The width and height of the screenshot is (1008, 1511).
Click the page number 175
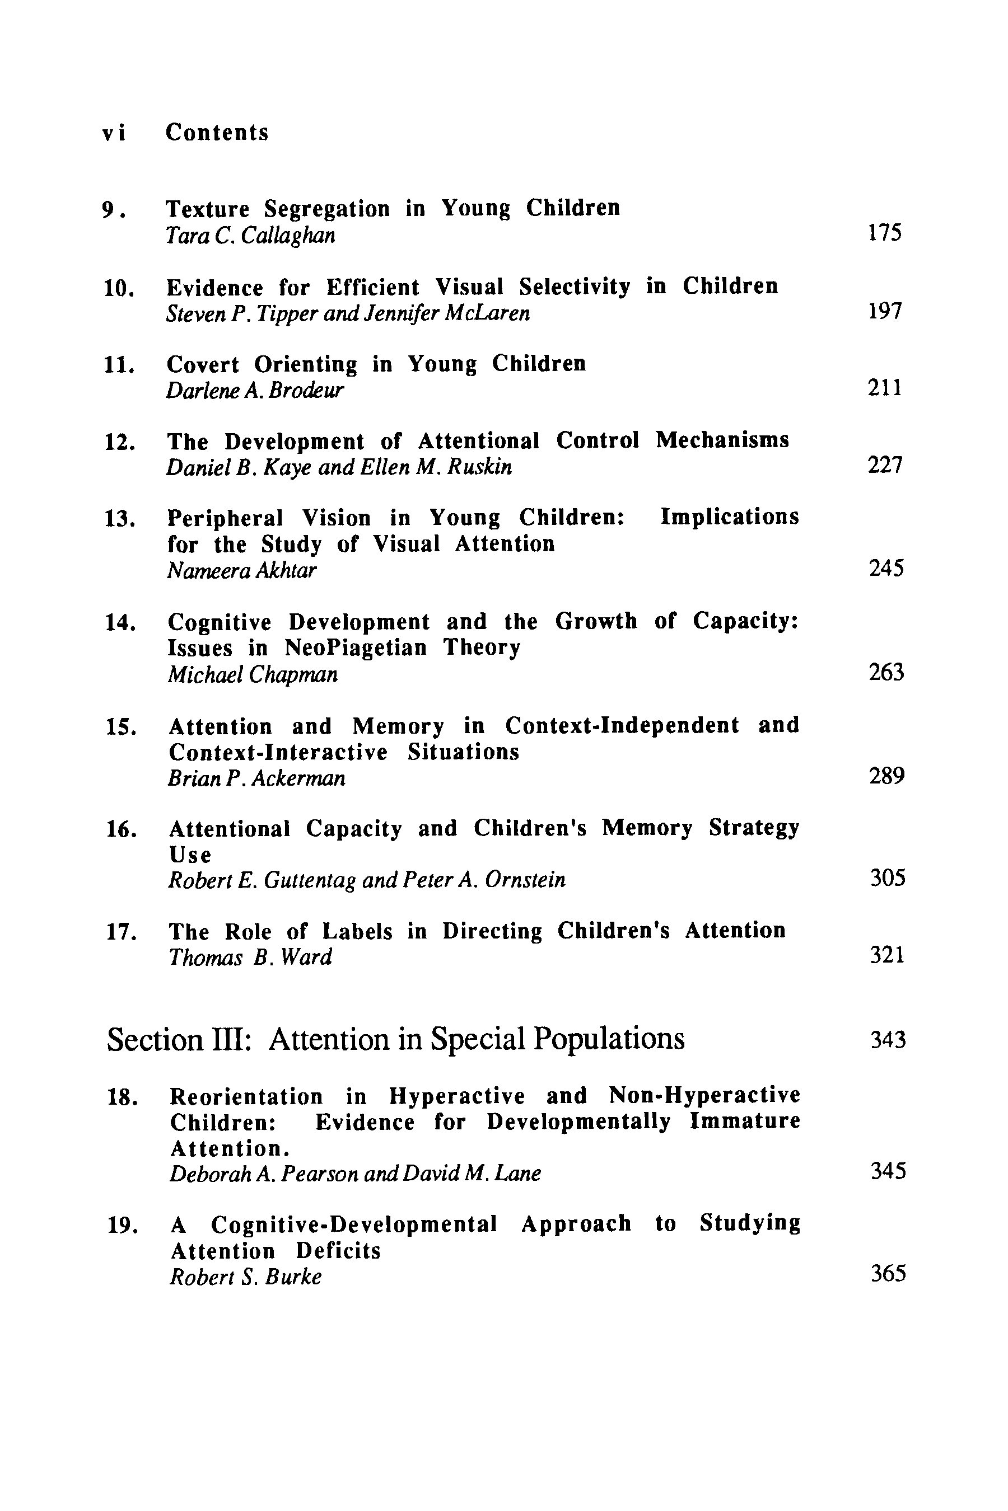(885, 233)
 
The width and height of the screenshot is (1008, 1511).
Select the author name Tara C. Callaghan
(250, 236)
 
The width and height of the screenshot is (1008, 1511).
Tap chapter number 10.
(119, 289)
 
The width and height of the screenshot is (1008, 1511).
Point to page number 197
(885, 312)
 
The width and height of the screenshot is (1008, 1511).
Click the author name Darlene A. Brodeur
(255, 391)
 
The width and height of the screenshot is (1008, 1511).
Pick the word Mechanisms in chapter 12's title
(722, 441)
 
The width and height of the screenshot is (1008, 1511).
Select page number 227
(885, 465)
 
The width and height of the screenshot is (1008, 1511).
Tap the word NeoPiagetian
(356, 647)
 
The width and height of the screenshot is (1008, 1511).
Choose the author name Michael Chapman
(253, 674)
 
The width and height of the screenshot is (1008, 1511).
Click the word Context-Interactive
(278, 752)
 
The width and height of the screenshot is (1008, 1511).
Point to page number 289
(886, 776)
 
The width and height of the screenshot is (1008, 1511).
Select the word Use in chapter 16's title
(190, 855)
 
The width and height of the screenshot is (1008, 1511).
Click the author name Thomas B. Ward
(250, 957)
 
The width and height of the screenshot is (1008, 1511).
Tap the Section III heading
(395, 1039)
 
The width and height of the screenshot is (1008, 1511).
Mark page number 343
(888, 1040)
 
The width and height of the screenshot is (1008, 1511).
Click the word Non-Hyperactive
(704, 1095)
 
